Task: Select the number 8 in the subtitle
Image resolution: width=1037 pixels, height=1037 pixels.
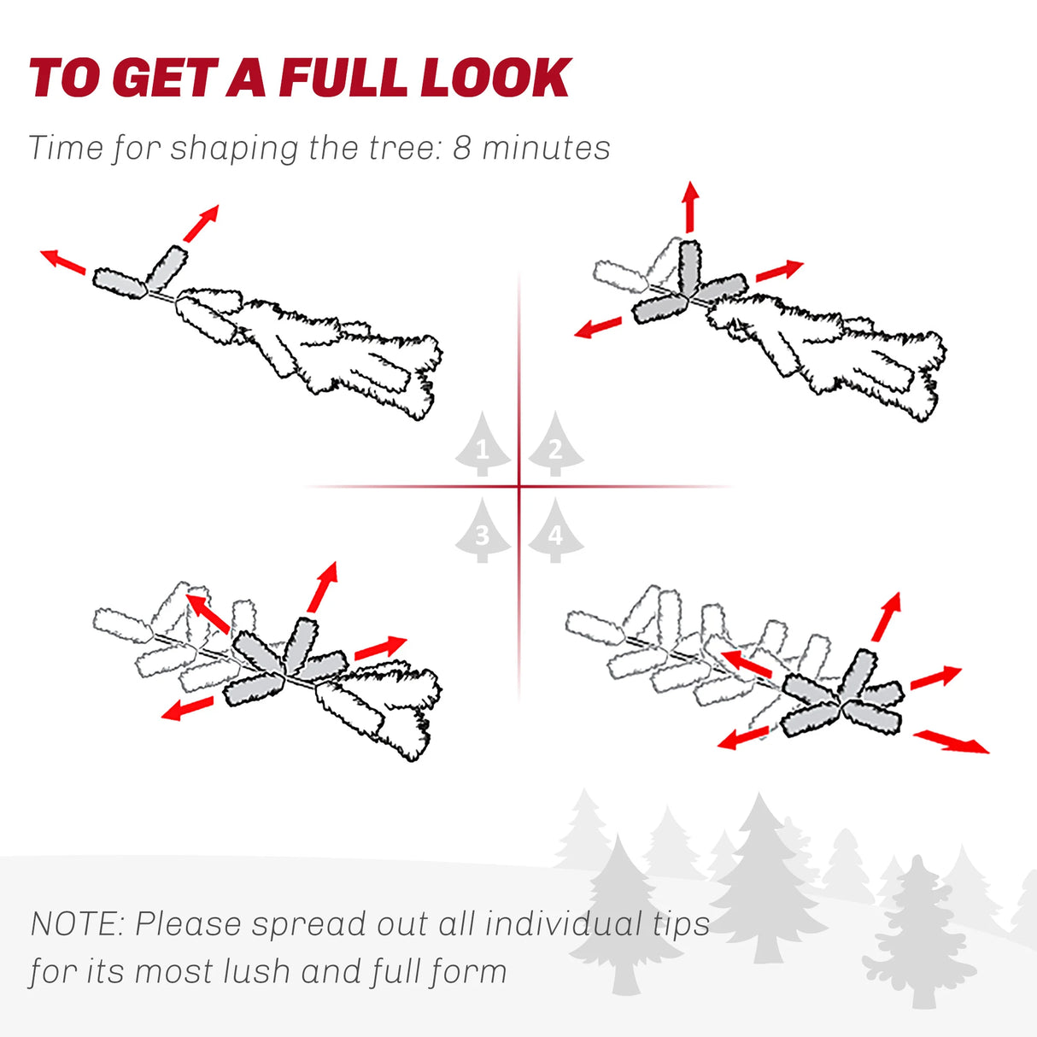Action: coord(462,148)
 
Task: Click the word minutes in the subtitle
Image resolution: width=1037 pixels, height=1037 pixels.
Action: coord(546,148)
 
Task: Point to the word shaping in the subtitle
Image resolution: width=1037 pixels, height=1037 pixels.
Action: coord(234,149)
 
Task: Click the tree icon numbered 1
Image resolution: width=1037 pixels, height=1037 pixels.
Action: coord(483,444)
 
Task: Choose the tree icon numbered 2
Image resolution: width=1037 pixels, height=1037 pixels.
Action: coord(556,444)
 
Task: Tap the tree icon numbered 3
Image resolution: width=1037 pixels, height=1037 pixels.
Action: coord(483,530)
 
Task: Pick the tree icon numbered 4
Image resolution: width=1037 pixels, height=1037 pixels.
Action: coord(556,530)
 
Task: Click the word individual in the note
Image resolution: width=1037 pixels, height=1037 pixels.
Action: coord(564,923)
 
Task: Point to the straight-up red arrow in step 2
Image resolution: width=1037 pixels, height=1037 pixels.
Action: coord(690,208)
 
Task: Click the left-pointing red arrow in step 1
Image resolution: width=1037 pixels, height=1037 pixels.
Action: coord(63,261)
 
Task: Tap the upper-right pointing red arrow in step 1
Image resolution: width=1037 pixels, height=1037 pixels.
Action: coord(202,223)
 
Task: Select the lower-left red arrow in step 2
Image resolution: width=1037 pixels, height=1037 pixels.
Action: coord(598,327)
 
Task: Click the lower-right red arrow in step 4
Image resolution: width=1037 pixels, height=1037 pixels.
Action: coord(951,741)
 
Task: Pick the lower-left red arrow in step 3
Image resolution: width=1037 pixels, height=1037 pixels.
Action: coord(187,708)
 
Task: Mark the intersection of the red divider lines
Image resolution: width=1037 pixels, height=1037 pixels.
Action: coord(519,487)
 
